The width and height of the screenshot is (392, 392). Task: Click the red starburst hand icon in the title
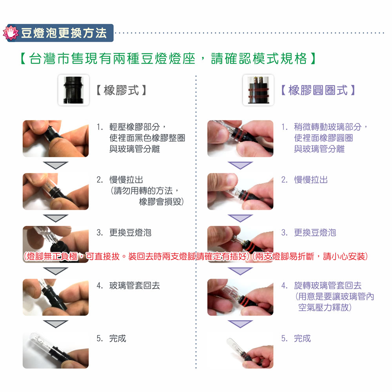coord(11,33)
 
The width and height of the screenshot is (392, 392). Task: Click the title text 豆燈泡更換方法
coord(64,33)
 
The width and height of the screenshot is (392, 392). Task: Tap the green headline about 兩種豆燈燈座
coord(168,59)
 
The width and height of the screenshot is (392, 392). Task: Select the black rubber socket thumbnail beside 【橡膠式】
coord(74,90)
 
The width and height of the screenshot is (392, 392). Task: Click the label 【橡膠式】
coord(121,90)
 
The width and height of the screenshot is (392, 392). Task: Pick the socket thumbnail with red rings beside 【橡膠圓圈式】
coord(258,90)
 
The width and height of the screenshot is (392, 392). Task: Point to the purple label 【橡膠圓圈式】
coord(318,90)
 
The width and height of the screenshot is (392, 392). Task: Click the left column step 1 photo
coord(56,138)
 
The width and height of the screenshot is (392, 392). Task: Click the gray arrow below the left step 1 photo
coord(56,165)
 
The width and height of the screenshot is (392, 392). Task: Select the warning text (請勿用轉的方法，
coord(145,191)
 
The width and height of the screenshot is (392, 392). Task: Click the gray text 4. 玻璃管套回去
coord(128,285)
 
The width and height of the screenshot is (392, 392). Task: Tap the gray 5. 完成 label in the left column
coord(111,339)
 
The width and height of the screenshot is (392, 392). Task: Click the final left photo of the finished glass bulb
coord(56,350)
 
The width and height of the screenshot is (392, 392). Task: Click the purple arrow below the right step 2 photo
coord(240,218)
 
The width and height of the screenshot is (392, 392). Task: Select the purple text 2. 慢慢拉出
coord(304,180)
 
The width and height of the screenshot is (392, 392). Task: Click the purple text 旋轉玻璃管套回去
coord(328,285)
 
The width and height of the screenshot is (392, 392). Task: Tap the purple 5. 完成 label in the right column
coord(296,339)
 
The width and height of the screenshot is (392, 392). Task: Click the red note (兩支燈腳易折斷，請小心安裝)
coord(310,256)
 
